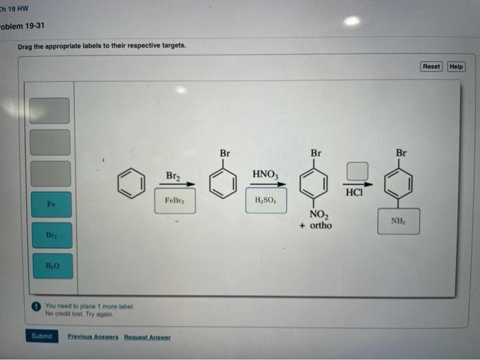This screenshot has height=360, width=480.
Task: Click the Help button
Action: pos(456,67)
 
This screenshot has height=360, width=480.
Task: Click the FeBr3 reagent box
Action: pos(174,201)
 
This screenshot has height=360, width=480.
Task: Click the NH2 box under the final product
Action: pos(398,221)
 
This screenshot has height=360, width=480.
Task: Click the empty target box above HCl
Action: pos(357,171)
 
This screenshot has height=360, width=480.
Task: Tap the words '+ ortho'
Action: pos(315,225)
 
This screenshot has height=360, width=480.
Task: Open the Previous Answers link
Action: pos(92,337)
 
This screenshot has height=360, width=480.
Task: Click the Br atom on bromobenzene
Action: pos(225,153)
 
